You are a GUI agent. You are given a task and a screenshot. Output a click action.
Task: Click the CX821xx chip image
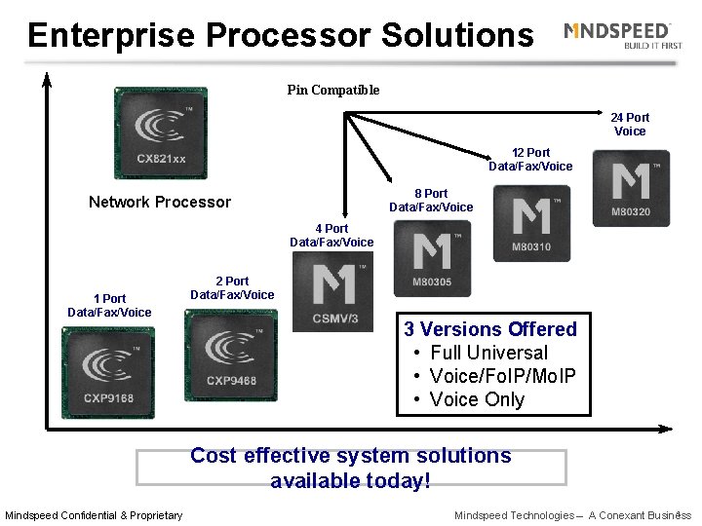160,132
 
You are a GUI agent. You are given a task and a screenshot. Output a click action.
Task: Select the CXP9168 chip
107,372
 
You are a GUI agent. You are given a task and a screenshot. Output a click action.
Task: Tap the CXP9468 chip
230,355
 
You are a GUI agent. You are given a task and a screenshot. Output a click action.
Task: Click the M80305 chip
430,258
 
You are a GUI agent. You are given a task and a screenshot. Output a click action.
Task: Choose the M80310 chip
530,223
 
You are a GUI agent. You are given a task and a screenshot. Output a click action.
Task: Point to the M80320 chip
630,188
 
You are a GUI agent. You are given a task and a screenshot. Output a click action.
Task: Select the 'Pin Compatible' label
333,91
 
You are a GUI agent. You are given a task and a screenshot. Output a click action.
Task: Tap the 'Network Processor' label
160,203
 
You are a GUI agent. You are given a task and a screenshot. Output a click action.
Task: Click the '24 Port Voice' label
630,125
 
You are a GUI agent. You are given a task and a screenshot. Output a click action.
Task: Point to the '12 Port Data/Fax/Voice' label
530,160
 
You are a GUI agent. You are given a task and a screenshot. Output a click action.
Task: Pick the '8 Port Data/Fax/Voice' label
431,201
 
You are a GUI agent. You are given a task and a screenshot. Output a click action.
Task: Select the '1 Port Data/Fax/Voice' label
109,306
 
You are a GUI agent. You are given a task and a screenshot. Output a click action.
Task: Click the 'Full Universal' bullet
488,353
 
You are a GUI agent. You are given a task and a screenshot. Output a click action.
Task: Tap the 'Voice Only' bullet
477,399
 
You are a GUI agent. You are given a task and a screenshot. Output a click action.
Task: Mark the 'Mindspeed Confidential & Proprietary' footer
94,515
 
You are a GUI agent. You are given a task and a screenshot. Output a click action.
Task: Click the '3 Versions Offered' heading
490,329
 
